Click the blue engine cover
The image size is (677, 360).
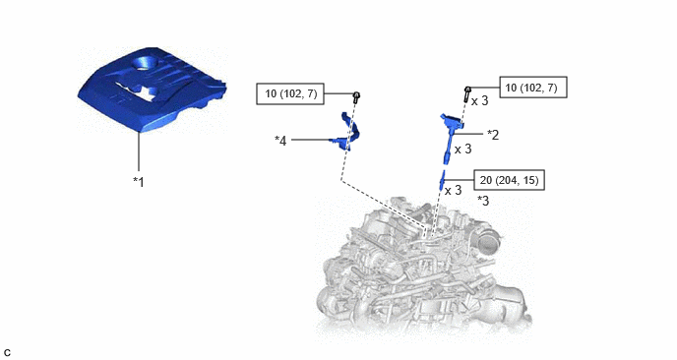click(152, 90)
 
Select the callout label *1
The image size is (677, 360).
click(139, 182)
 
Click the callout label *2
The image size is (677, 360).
click(493, 135)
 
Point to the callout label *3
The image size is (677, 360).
click(483, 201)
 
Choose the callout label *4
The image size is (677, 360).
click(280, 141)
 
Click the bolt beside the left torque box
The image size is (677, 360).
click(356, 97)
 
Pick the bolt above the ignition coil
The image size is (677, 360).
click(467, 94)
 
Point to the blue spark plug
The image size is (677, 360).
click(442, 180)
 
